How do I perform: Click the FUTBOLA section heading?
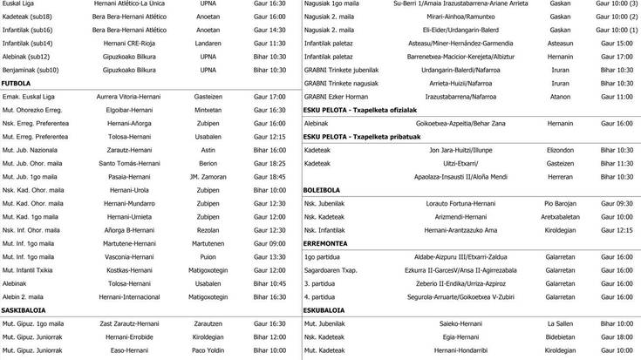point(17,83)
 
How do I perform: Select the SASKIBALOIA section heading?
point(24,309)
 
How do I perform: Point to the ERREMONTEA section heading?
point(324,243)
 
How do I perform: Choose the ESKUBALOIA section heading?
point(323,309)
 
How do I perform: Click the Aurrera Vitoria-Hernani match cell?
point(129,96)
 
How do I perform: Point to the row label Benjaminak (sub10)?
point(31,69)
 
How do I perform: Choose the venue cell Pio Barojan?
point(560,203)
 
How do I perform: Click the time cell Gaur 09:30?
point(617,203)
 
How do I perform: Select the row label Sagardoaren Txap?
point(332,270)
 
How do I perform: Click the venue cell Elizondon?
point(560,150)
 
